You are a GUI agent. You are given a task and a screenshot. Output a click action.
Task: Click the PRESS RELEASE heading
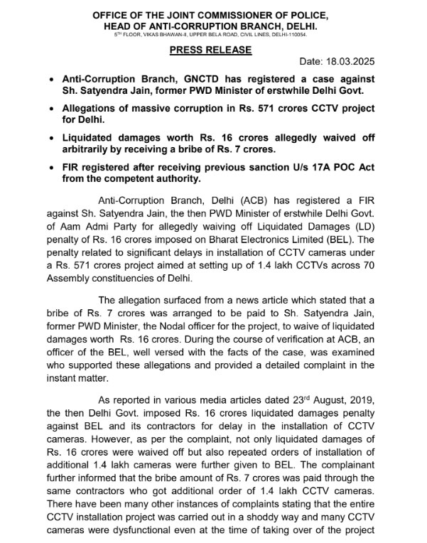click(x=210, y=50)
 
